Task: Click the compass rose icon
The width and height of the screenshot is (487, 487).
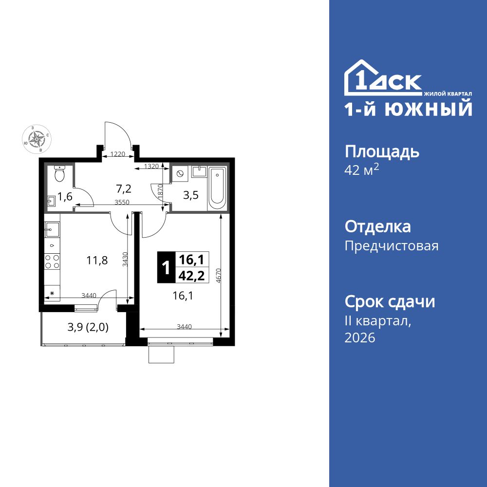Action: (37, 139)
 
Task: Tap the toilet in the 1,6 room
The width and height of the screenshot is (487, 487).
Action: (59, 173)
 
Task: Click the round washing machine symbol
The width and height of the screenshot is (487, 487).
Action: (180, 173)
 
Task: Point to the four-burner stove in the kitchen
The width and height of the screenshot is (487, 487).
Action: (52, 262)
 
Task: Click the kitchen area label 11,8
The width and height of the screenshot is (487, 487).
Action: (97, 260)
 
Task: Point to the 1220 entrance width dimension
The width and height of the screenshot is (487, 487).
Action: (118, 154)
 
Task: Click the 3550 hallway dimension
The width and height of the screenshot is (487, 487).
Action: (122, 202)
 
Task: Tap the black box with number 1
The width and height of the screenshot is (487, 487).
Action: (165, 267)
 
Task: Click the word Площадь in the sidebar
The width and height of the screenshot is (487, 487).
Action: (382, 152)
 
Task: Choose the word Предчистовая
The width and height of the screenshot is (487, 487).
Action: (392, 246)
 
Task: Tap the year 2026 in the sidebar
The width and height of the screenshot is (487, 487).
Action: (360, 338)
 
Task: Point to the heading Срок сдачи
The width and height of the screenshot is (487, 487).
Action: (390, 302)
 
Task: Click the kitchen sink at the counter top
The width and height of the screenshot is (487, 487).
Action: (52, 227)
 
